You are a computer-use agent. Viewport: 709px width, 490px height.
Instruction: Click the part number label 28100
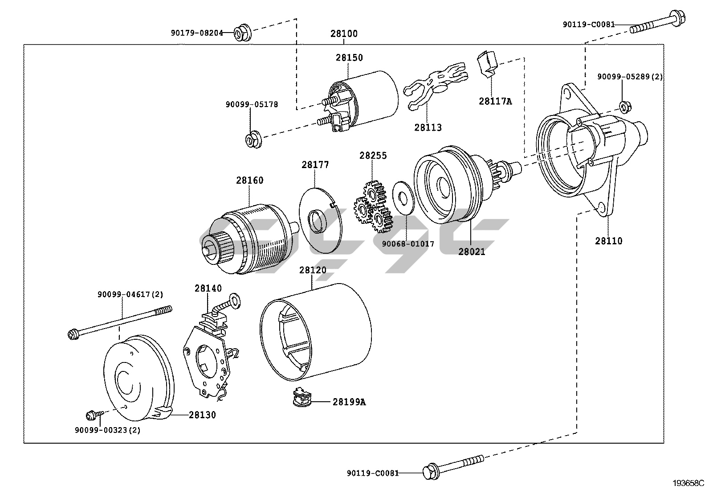[344, 33]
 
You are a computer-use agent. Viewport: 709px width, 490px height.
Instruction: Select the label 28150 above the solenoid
[349, 58]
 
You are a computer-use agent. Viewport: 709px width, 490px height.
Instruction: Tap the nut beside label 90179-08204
[242, 32]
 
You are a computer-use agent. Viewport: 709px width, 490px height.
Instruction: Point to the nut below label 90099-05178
[253, 140]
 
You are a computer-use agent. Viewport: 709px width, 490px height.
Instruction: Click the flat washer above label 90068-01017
[403, 198]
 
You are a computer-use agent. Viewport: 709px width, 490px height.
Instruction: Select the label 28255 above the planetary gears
[373, 156]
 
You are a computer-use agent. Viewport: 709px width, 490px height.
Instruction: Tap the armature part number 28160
[250, 180]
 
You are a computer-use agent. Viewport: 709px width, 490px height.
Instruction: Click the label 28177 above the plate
[315, 165]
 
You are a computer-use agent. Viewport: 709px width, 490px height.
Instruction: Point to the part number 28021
[472, 251]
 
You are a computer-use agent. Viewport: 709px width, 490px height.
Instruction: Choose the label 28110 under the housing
[609, 241]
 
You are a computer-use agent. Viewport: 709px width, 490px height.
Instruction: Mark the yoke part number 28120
[313, 270]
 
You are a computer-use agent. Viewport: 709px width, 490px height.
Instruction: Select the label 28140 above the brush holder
[208, 288]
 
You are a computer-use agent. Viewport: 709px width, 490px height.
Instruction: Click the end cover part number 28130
[202, 415]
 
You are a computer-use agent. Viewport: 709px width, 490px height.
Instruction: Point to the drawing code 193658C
[689, 483]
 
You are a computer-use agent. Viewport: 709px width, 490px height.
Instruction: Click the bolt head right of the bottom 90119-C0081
[431, 472]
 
